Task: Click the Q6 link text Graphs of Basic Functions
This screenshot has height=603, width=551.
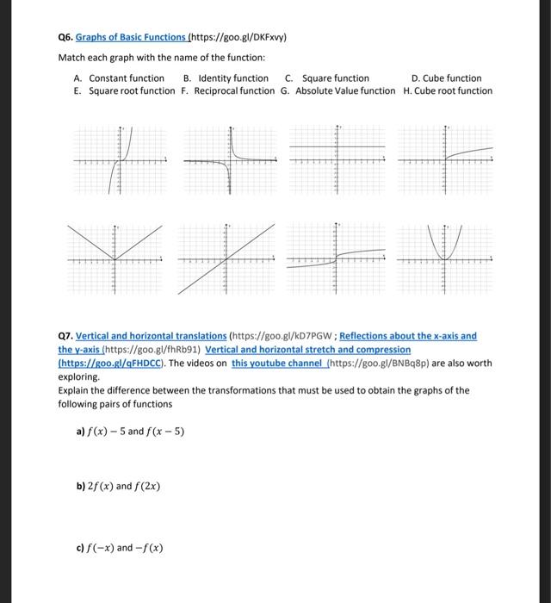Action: [x=130, y=38]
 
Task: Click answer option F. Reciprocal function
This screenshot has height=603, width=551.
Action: [x=228, y=91]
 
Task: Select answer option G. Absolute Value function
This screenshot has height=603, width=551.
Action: [x=338, y=91]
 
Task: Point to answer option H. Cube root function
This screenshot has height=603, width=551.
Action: [x=448, y=91]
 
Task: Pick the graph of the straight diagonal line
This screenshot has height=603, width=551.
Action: [x=227, y=258]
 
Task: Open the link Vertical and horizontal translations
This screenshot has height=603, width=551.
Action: [x=152, y=336]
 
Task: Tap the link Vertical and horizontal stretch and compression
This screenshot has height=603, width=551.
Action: [x=308, y=350]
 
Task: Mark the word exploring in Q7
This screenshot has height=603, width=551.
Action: [x=79, y=377]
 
